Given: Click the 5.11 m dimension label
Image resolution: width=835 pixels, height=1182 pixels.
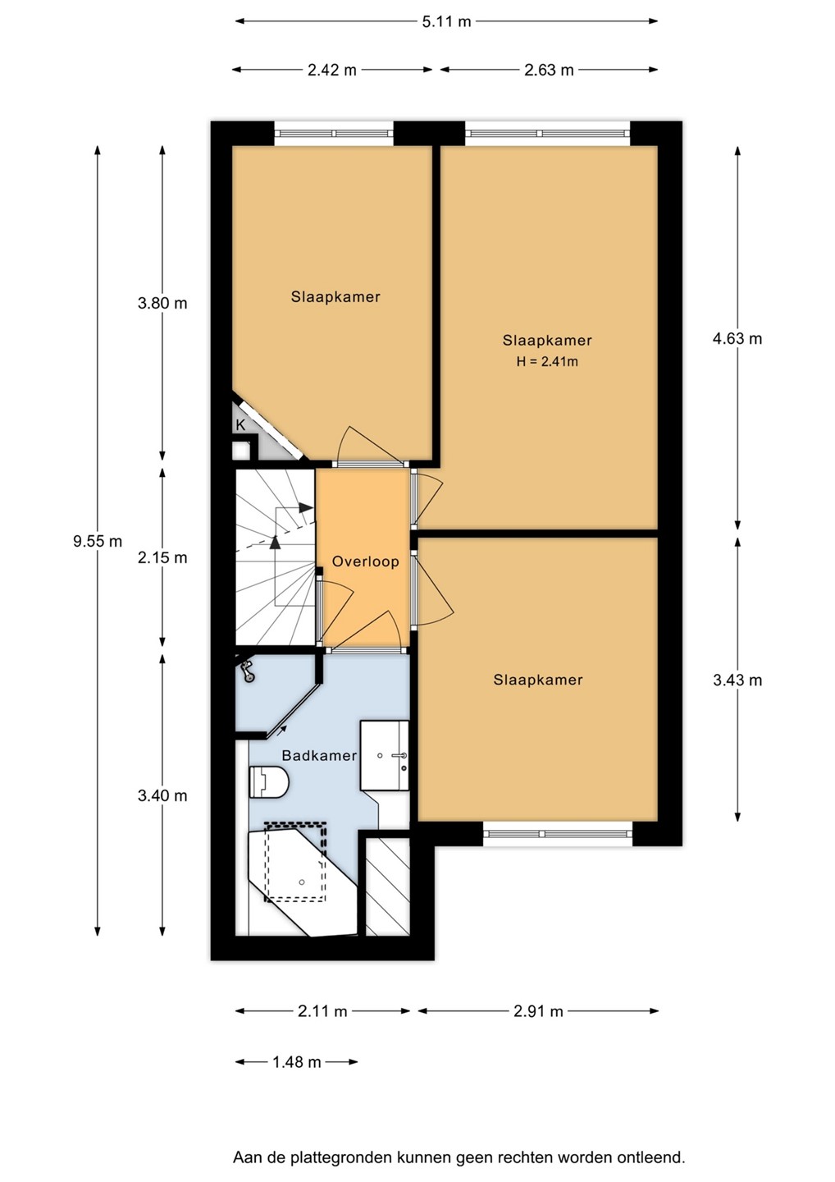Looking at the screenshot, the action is (446, 22).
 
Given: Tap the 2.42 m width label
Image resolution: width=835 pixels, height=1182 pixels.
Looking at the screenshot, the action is (332, 70).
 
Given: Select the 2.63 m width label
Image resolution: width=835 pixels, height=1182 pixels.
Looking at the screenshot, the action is (549, 70).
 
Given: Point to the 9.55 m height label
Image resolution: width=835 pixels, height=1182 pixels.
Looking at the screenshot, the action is (98, 541).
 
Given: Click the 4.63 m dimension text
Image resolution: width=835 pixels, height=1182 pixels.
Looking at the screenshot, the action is (737, 338).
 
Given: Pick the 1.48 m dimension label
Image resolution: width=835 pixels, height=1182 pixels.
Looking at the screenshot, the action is (297, 1061).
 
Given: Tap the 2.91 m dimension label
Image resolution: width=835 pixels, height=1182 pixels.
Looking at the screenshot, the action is (538, 1011).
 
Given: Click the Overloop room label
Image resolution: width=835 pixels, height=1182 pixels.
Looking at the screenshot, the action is (365, 561).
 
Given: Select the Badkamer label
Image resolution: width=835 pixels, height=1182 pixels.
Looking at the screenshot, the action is (319, 756).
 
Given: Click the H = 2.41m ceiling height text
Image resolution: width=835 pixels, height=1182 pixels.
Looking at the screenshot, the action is (547, 361).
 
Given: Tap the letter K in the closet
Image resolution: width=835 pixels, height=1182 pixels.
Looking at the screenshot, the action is (240, 425).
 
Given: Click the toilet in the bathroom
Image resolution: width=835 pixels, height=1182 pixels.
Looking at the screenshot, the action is (269, 781).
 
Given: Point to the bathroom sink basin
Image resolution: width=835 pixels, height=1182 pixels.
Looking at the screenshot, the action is (385, 756).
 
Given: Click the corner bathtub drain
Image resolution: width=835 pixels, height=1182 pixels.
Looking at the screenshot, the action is (302, 882).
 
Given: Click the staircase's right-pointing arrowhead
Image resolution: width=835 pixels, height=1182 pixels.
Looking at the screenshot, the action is (306, 507).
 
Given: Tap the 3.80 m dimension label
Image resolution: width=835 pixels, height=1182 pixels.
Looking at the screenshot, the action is (162, 304).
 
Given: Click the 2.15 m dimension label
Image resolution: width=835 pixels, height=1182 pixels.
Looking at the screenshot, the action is (162, 557).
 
